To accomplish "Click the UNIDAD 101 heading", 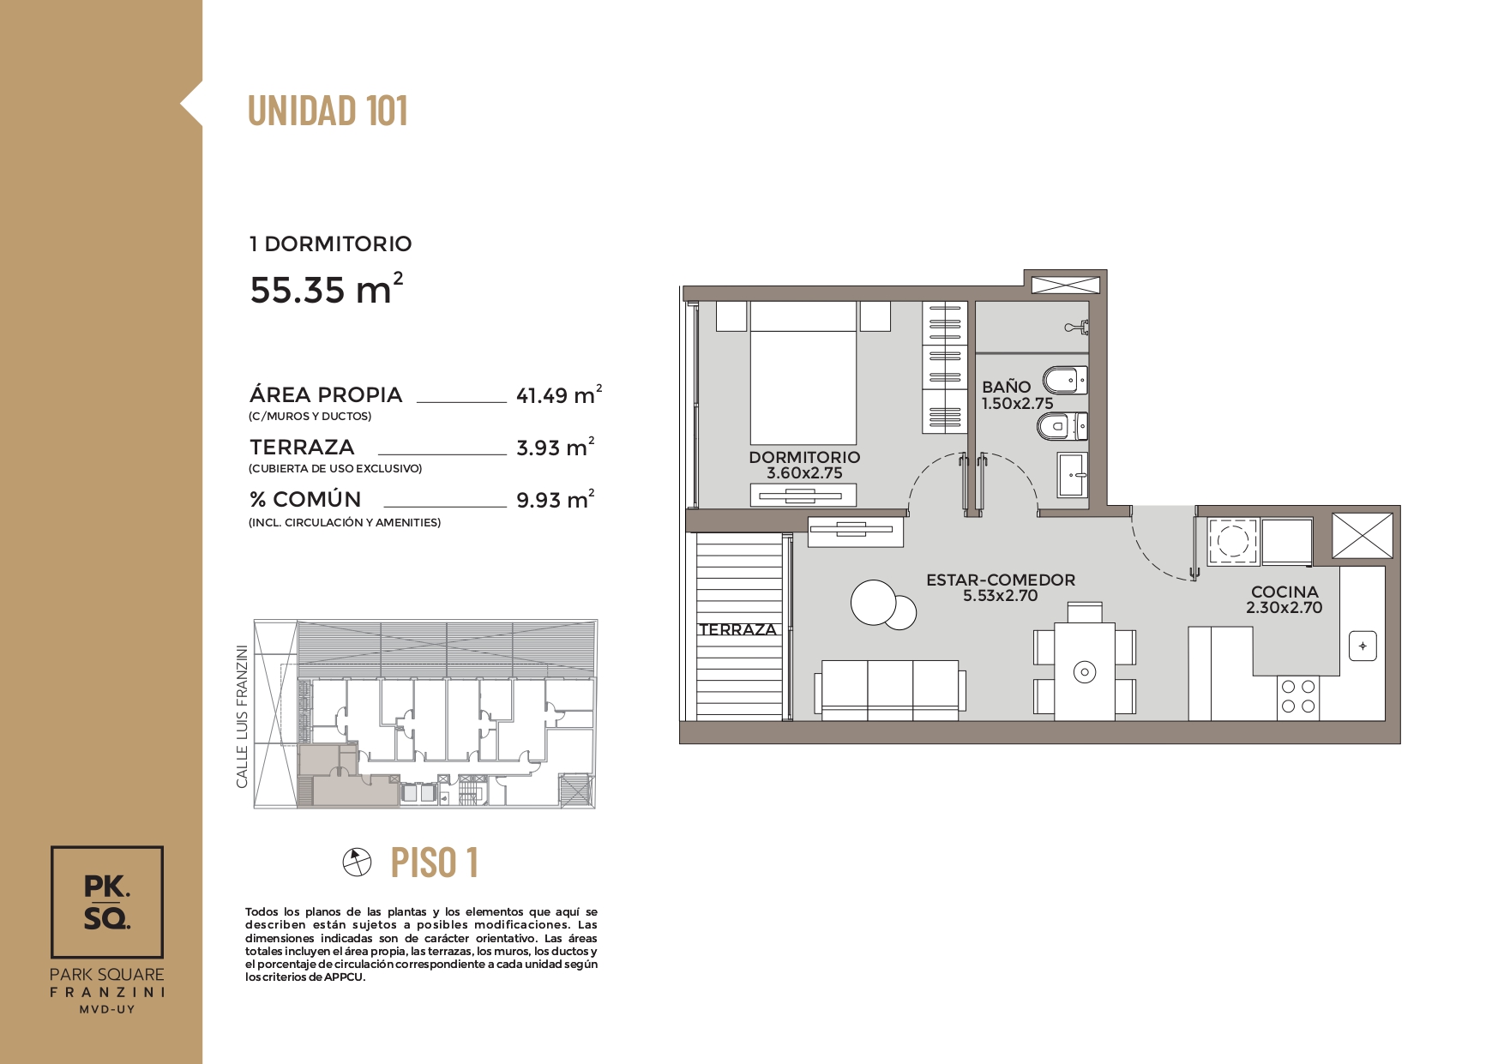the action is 328,111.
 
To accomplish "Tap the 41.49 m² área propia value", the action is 559,394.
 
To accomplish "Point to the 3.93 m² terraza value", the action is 556,447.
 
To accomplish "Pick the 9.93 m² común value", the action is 556,499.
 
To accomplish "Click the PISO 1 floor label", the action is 435,863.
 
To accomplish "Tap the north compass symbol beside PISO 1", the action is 358,863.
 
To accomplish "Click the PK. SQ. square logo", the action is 107,902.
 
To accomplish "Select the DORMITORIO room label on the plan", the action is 804,457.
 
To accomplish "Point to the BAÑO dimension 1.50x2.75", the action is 1017,403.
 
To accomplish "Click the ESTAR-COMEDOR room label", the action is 1001,580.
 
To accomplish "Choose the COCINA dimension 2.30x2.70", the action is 1284,607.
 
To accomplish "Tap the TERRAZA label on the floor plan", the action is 737,629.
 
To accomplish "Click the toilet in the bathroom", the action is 1062,425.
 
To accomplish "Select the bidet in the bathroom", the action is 1065,380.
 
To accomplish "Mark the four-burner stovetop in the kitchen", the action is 1297,697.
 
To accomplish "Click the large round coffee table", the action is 874,602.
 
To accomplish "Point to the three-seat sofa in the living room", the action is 889,690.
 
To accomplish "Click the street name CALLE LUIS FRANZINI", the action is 242,717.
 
